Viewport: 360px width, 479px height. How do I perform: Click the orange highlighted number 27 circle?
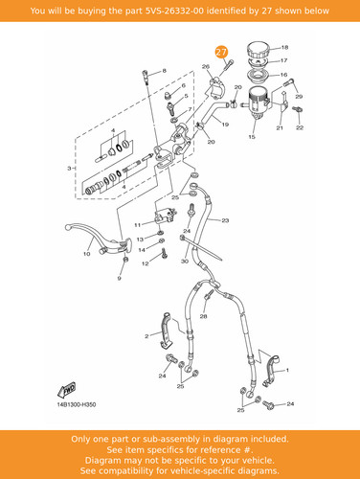tap(221, 52)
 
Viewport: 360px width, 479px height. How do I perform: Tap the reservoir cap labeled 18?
tap(259, 50)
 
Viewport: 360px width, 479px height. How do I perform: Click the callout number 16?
tap(283, 75)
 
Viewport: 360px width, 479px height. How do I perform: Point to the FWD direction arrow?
tap(67, 390)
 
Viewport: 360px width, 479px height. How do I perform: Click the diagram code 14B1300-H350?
tap(77, 404)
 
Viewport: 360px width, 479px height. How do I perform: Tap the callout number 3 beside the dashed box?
tap(69, 168)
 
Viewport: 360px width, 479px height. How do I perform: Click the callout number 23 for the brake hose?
tap(225, 220)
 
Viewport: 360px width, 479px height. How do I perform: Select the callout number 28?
tap(203, 316)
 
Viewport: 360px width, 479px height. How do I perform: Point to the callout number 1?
tap(287, 370)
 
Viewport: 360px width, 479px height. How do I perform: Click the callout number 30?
tap(185, 262)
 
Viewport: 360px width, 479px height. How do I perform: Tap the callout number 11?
tap(137, 225)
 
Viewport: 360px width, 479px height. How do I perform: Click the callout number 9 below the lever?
tap(119, 278)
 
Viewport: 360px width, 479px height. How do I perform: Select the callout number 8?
tap(165, 71)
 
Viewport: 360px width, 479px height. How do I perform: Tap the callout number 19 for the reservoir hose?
tap(225, 125)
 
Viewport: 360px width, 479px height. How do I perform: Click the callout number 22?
tap(300, 127)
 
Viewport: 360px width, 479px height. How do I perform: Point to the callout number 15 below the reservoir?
tap(252, 137)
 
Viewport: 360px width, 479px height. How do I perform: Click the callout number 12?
tap(146, 263)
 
